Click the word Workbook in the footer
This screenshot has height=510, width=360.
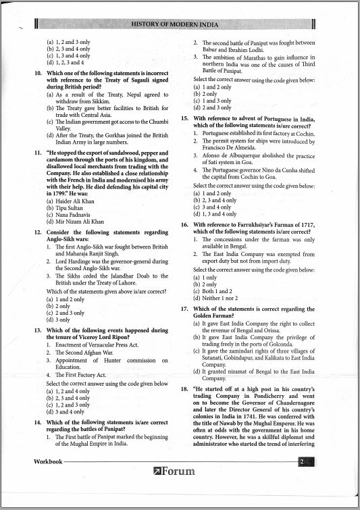click(49, 461)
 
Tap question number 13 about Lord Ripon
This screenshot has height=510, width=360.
click(38, 330)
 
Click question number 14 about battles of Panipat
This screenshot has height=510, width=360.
click(38, 422)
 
